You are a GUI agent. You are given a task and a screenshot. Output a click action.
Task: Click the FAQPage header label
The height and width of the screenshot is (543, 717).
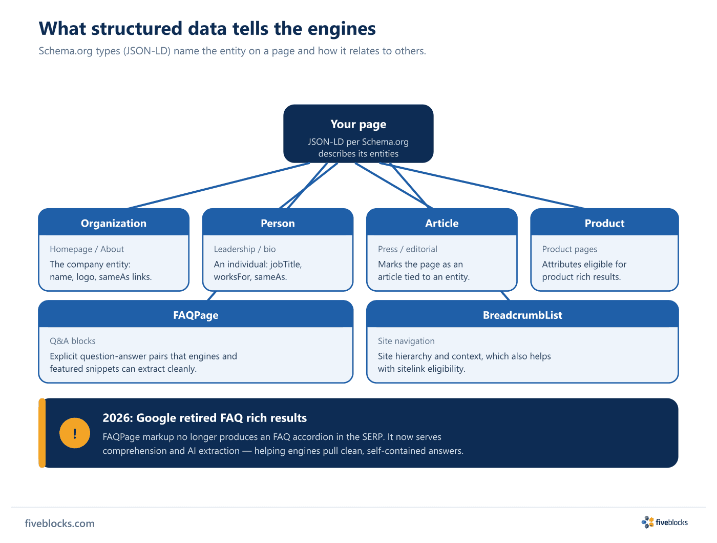[196, 315]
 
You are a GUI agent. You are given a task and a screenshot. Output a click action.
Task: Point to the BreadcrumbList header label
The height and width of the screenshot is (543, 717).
[522, 315]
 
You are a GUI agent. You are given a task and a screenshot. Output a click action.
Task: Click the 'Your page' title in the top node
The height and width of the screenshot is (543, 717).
[358, 124]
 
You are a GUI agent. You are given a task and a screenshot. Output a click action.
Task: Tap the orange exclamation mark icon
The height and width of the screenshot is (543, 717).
[74, 433]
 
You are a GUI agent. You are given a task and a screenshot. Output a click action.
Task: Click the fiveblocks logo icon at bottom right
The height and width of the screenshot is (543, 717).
[647, 522]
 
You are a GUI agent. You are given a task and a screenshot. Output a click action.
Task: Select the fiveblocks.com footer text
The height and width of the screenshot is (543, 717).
[59, 523]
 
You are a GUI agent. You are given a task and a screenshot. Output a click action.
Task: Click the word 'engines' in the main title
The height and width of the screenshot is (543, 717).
[342, 28]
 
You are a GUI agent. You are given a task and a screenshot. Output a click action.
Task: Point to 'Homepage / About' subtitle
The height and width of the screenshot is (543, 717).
[87, 249]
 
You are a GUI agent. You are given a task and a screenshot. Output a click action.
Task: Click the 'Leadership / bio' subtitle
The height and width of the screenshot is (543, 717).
[245, 249]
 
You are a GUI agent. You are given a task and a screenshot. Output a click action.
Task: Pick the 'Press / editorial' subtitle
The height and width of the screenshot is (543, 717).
[407, 249]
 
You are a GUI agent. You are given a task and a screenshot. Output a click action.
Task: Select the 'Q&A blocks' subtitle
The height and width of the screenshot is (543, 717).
[73, 340]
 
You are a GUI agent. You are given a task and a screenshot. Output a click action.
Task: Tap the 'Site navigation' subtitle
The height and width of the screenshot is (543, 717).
[406, 340]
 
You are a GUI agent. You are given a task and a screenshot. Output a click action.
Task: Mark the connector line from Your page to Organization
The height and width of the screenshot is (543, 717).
[218, 185]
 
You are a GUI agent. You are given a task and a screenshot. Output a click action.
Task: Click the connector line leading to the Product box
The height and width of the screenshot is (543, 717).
[482, 185]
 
